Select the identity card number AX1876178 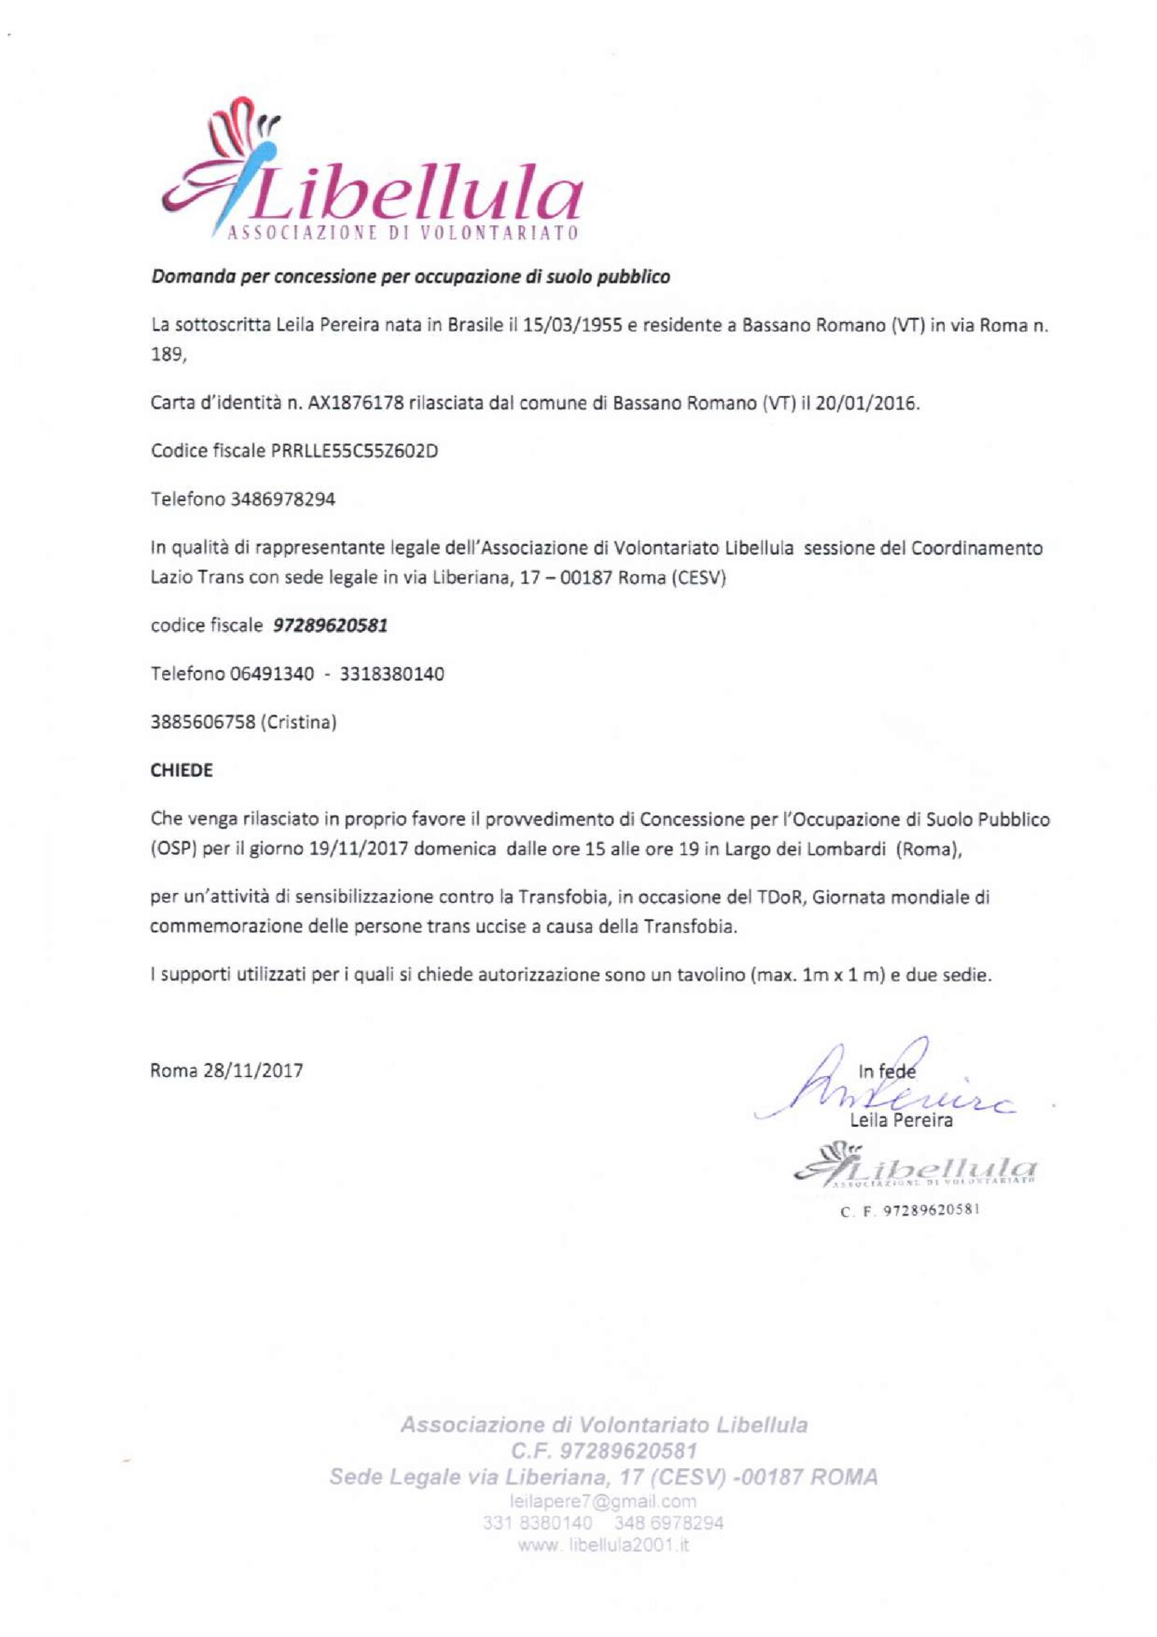[x=355, y=403]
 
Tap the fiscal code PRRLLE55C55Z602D [x=354, y=451]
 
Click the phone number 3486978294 [x=283, y=499]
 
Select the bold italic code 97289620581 [x=330, y=625]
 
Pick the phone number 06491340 [x=272, y=674]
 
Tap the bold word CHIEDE [x=182, y=770]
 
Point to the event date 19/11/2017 [x=359, y=849]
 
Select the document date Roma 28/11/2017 [x=226, y=1071]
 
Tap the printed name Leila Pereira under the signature [x=901, y=1121]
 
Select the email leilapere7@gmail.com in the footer [x=603, y=1501]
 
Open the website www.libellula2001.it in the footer [x=603, y=1545]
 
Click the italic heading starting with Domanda [x=410, y=277]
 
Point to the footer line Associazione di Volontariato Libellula [x=603, y=1425]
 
